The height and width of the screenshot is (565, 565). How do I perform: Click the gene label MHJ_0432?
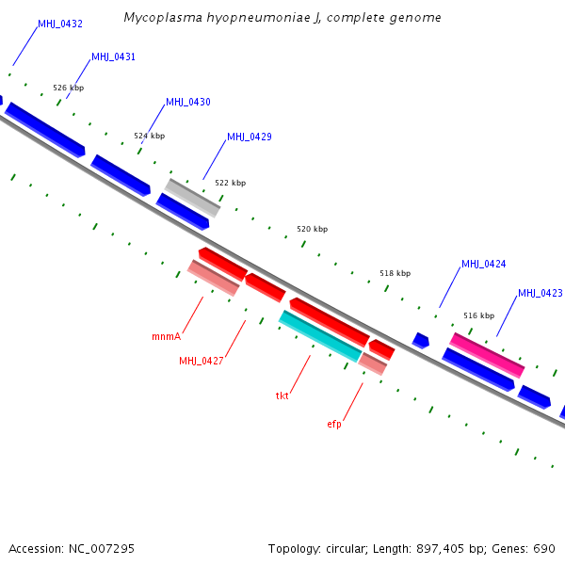tap(59, 24)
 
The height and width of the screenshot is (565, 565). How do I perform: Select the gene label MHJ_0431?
tap(113, 57)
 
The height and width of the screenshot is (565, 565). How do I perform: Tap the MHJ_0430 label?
tap(188, 103)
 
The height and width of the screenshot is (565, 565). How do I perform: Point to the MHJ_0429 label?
tap(250, 137)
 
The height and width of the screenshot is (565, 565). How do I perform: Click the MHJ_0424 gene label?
tap(484, 265)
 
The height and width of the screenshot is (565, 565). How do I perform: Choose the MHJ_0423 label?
tap(540, 294)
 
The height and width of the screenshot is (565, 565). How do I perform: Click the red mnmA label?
tap(166, 336)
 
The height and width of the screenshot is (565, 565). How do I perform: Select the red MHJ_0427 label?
tap(202, 362)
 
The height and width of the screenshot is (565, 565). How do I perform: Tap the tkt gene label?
tap(282, 396)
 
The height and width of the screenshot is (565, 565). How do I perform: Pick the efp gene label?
tap(334, 425)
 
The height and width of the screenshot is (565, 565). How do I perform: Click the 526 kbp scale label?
tap(69, 89)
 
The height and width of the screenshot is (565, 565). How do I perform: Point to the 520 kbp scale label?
tap(313, 230)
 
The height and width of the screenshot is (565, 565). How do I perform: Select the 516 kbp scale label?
tap(478, 316)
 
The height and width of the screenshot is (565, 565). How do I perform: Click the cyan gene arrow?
tap(320, 335)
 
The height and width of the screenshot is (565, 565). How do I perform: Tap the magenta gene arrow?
tap(487, 355)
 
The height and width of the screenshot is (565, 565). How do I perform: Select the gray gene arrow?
tap(193, 198)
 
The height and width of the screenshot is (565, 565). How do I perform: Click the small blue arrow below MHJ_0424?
tap(421, 340)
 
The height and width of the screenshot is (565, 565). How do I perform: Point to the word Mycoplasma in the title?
tap(161, 18)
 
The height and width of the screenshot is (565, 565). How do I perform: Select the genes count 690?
tap(545, 549)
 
